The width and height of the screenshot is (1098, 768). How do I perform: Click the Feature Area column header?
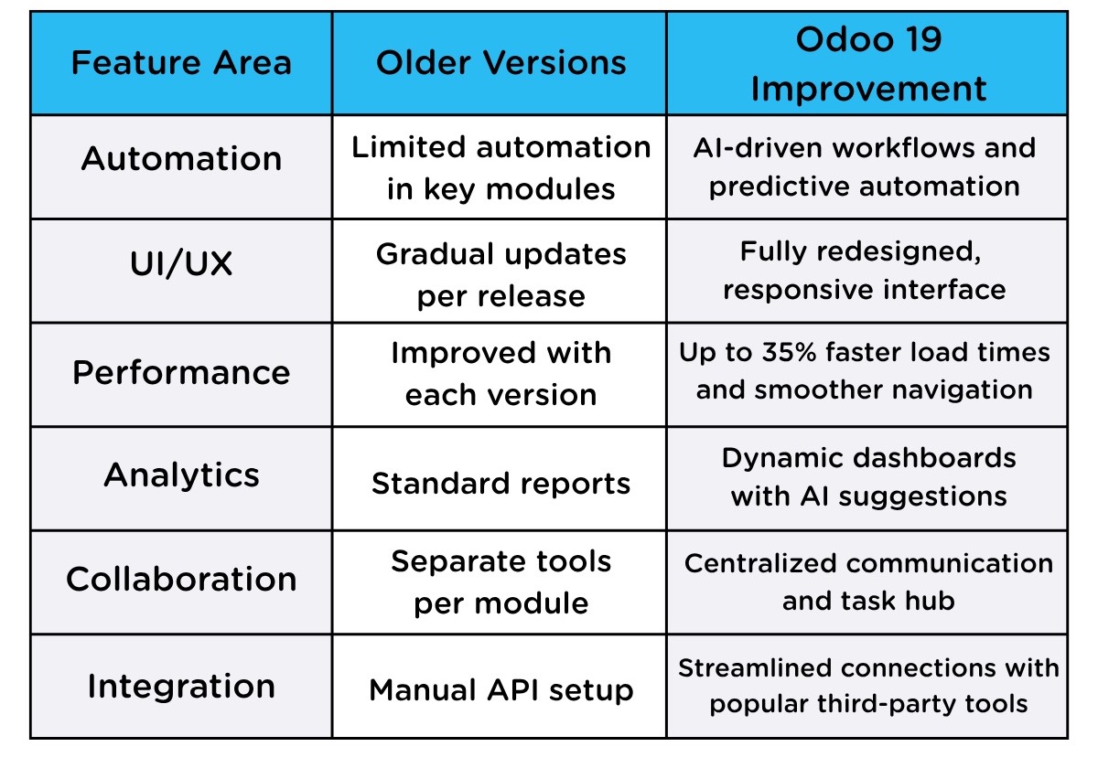click(x=181, y=63)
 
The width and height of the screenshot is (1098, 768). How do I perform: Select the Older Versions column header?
click(x=501, y=63)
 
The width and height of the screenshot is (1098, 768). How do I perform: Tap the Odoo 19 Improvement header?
click(x=867, y=64)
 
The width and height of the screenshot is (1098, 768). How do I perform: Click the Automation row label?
click(x=181, y=159)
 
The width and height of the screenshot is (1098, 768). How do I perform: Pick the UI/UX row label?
click(x=181, y=264)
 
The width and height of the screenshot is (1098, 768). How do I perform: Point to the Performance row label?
click(x=181, y=373)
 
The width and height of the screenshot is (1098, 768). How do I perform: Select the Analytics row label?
click(x=181, y=475)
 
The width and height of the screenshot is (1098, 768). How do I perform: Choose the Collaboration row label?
click(x=181, y=580)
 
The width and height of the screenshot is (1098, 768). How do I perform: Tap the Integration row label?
click(x=181, y=687)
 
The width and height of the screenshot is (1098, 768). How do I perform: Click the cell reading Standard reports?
click(x=501, y=484)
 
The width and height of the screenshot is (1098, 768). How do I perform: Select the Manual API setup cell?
click(x=501, y=690)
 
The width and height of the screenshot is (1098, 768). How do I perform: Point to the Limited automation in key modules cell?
click(x=501, y=167)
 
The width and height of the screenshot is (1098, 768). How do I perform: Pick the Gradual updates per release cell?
click(x=501, y=274)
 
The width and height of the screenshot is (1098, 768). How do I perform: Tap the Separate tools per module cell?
click(x=501, y=581)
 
